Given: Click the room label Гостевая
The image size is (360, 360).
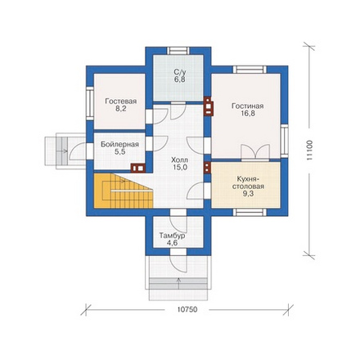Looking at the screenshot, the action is coord(121,101).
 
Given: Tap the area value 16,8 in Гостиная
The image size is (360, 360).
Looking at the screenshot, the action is coord(248,114).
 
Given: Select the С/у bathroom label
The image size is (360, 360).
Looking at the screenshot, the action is coord(179,72).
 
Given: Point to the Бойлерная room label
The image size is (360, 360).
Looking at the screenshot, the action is coord(119,144).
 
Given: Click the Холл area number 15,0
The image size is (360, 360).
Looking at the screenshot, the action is coord(179,168).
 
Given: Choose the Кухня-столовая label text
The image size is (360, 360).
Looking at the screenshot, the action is coord(250,182).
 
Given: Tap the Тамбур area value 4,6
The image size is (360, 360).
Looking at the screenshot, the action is coord(173,243).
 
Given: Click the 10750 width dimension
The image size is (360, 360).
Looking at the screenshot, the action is coord(187,309).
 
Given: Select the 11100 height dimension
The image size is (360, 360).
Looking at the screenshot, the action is coord(309,151).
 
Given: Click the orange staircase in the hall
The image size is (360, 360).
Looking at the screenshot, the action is coord(124,191).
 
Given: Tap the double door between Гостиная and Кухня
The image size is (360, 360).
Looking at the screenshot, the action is coord(255,152).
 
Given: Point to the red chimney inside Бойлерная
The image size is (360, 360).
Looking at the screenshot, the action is coord(137,168).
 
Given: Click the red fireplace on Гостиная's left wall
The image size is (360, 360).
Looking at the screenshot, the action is coord(209,106).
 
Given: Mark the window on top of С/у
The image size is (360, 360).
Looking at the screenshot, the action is coord(178,51).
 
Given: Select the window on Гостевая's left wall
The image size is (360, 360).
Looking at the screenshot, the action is coord(90,103).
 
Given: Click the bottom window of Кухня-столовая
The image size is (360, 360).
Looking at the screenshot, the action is coord(250,213).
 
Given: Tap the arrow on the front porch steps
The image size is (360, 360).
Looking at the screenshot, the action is coord(178,284).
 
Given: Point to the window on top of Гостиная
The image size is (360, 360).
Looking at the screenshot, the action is coord(250,70).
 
